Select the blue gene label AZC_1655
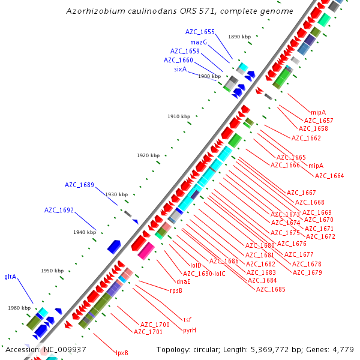pyautogui.click(x=200, y=32)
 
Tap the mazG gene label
pyautogui.click(x=199, y=42)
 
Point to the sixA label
pyautogui.click(x=181, y=69)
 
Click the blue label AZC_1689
pyautogui.click(x=79, y=185)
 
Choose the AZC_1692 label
pyautogui.click(x=59, y=210)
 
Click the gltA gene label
pyautogui.click(x=10, y=277)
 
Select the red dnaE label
pyautogui.click(x=184, y=281)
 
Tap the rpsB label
pyautogui.click(x=176, y=290)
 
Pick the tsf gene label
pyautogui.click(x=187, y=319)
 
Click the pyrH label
pyautogui.click(x=190, y=330)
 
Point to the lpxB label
pyautogui.click(x=122, y=353)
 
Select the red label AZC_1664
pyautogui.click(x=329, y=176)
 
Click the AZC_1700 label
pyautogui.click(x=155, y=324)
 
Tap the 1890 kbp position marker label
pyautogui.click(x=239, y=37)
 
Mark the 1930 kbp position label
pyautogui.click(x=116, y=194)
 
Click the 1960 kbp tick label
pyautogui.click(x=19, y=308)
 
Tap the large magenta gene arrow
pyautogui.click(x=146, y=251)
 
